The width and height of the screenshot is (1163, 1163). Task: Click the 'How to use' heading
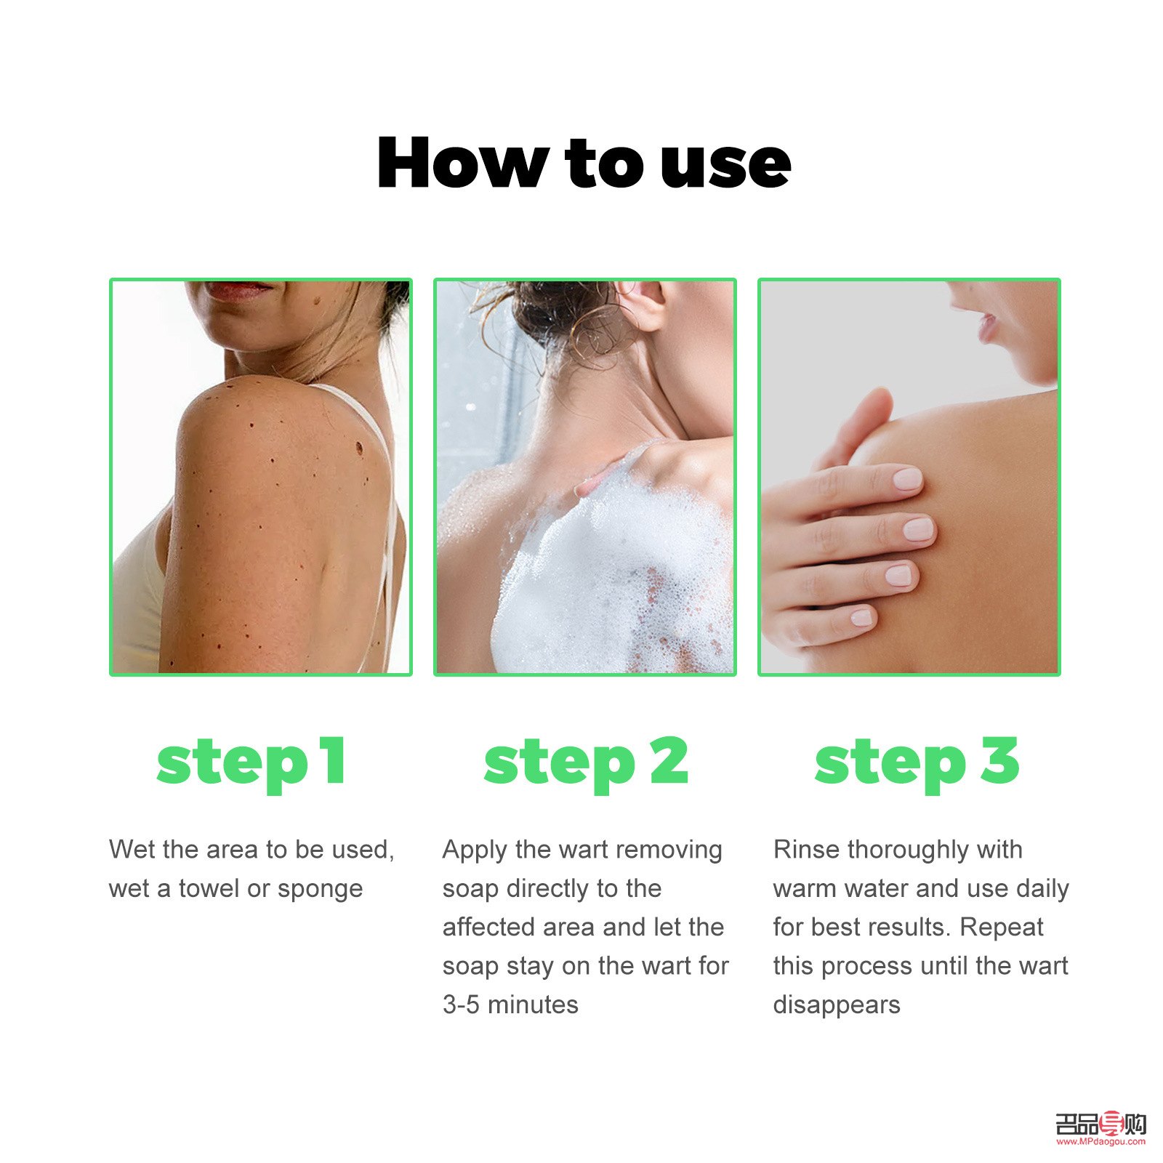pos(584,163)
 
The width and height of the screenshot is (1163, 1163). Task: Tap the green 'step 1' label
pos(251,763)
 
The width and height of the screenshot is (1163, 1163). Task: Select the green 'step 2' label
pos(586,763)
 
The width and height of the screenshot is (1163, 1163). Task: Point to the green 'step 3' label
pos(917,763)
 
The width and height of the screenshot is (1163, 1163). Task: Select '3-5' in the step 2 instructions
pos(461,1005)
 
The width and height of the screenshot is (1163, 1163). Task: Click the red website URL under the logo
pos(1100,1142)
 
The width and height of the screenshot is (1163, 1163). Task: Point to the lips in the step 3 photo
pos(986,326)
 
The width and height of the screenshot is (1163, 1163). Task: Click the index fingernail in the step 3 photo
pos(907,479)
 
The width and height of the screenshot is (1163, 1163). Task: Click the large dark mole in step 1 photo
pos(360,446)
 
